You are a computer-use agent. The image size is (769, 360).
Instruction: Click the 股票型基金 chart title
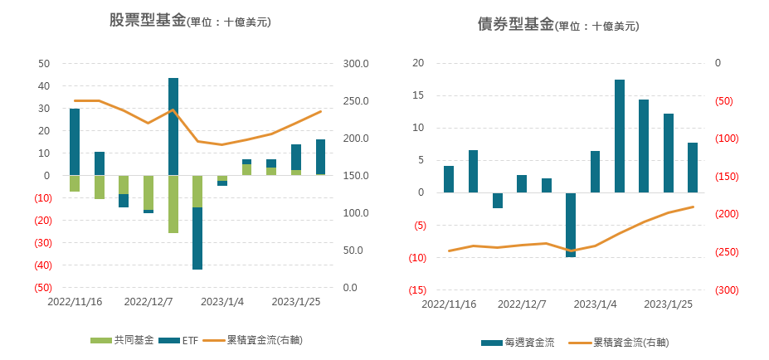[148, 21]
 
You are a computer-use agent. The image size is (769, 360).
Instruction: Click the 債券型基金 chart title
[515, 24]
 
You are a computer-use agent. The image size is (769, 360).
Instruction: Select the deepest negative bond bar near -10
[571, 225]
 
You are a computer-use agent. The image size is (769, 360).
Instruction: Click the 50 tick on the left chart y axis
[45, 63]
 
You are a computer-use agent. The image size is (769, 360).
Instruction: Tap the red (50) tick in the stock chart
[40, 288]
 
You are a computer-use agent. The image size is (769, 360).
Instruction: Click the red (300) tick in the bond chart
[726, 290]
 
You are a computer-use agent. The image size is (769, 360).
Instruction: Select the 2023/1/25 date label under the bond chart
[668, 304]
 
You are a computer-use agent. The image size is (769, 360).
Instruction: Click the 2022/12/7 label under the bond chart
[522, 304]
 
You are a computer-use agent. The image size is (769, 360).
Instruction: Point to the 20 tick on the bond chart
[419, 63]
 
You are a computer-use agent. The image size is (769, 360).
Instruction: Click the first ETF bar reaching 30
[75, 142]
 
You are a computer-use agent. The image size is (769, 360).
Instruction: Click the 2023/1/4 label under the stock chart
[222, 302]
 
